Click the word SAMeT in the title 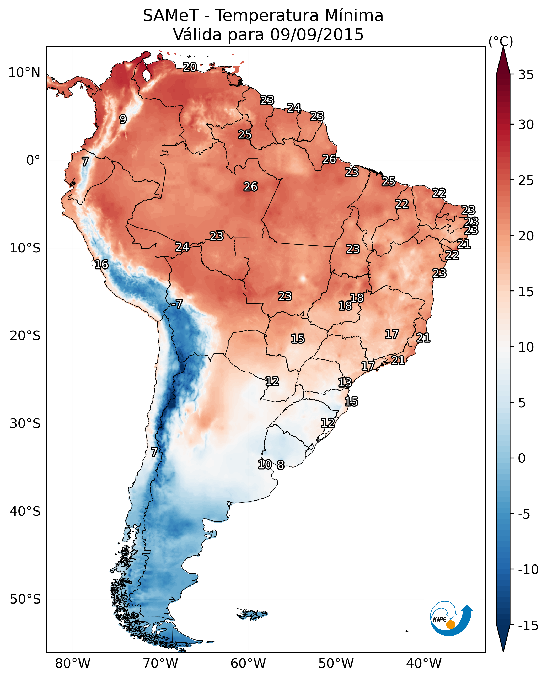tap(170, 16)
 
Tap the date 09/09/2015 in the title tap(317, 35)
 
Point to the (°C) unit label tap(501, 41)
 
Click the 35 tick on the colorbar tap(526, 75)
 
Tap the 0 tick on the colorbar tap(522, 458)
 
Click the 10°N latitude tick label tap(24, 73)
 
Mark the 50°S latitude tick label tap(25, 599)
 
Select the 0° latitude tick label tap(33, 160)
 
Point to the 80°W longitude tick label tap(73, 664)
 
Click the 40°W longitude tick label tap(424, 664)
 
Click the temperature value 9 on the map tap(123, 119)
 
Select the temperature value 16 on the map tap(101, 264)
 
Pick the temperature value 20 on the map tap(190, 67)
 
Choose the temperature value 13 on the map tap(345, 383)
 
